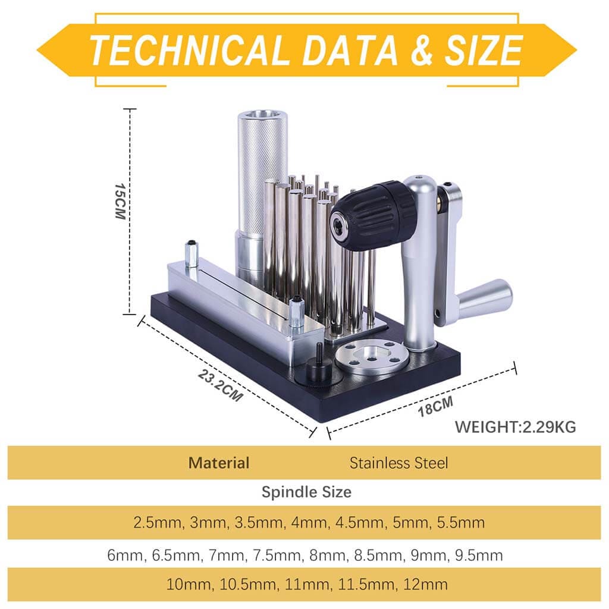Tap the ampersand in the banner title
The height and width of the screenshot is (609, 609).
(422, 50)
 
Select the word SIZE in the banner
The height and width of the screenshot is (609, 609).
(484, 50)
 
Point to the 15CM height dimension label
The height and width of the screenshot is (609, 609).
(120, 201)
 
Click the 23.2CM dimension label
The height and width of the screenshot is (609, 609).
(221, 385)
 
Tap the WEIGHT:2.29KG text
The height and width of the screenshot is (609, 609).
(516, 427)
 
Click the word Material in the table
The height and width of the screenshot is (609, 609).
(219, 463)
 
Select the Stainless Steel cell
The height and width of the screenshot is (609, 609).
(398, 463)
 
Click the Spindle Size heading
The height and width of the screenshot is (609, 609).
(306, 492)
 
